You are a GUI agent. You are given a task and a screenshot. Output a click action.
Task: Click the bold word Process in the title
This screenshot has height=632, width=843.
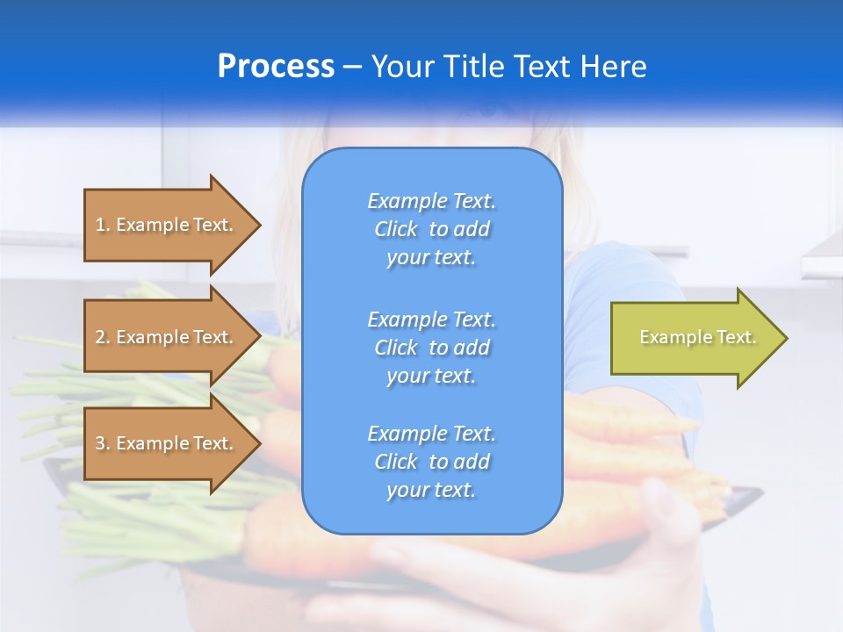coord(276,67)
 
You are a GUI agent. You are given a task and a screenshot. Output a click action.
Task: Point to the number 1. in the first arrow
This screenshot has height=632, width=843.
coord(103,225)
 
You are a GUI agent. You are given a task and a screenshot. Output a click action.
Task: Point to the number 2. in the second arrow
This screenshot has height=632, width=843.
coord(103,337)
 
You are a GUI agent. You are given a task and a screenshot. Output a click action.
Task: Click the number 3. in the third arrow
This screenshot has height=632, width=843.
coord(103,443)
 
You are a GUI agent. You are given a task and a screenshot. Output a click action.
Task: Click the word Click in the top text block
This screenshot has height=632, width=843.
coord(395,230)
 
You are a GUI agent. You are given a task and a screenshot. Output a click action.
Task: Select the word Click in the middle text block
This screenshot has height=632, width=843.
coord(395,348)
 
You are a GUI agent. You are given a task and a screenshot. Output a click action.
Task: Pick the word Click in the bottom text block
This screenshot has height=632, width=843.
coord(395,462)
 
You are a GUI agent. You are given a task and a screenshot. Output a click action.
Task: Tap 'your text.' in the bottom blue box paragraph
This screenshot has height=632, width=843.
coord(431,491)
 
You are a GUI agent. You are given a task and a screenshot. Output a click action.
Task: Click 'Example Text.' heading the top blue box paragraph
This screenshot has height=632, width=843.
coord(431,201)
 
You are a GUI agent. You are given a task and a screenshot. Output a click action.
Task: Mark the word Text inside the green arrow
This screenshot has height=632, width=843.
coord(736,337)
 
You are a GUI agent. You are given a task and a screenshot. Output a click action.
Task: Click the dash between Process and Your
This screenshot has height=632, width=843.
coord(352,67)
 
